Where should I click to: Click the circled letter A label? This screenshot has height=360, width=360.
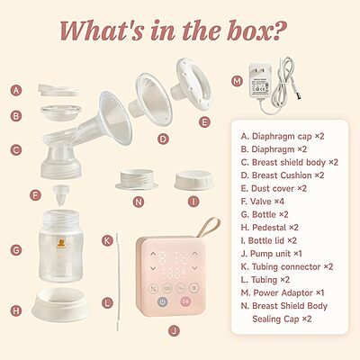click(x=15, y=90)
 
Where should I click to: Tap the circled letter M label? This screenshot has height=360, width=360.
click(x=238, y=81)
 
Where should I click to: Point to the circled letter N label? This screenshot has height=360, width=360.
click(x=138, y=201)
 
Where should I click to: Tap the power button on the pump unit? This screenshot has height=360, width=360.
click(x=162, y=303)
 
